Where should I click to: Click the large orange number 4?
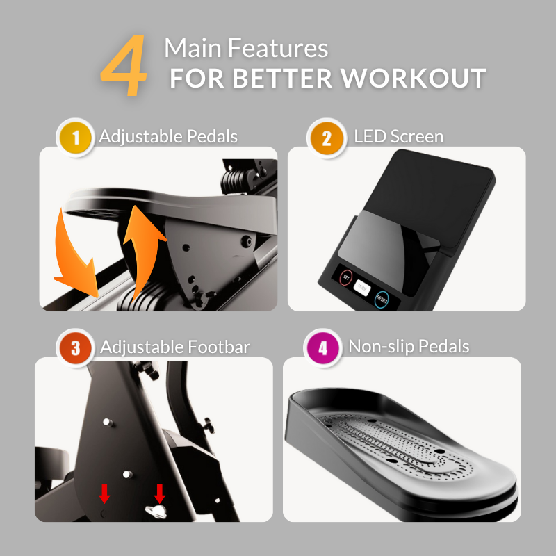(125, 68)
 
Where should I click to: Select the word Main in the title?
(187, 49)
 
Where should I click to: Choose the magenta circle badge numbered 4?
(322, 347)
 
